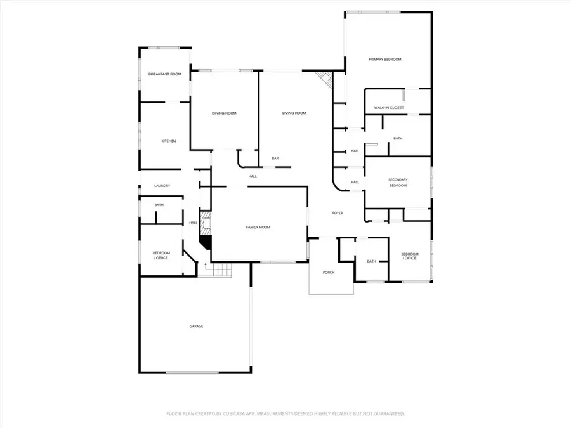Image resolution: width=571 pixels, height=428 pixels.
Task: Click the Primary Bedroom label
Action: point(385,60)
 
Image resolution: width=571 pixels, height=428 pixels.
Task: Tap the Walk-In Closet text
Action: point(389,108)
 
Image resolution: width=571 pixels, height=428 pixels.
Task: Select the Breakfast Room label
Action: point(165,74)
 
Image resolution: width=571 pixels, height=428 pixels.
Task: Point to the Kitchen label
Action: point(168,141)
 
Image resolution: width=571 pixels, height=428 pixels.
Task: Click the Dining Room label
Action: point(224,113)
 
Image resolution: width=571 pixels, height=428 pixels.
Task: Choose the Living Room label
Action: point(294,113)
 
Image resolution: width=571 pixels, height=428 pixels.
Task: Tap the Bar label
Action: point(275,158)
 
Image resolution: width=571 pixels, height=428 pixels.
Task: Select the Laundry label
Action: point(162,186)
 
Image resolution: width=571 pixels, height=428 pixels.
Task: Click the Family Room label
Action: point(258,226)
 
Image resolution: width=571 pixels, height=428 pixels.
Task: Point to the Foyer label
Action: point(338,213)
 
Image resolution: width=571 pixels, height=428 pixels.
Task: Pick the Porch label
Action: point(328,273)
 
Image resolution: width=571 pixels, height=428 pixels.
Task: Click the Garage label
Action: point(196,326)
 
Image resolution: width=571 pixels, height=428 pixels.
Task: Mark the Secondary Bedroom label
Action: point(398,183)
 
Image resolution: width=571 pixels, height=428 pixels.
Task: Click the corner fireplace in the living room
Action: point(325,80)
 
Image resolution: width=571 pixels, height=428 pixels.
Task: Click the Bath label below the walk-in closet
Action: point(398,138)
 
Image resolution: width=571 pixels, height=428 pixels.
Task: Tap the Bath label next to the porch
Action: point(371,261)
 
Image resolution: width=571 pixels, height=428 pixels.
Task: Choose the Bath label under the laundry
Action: point(159,205)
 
